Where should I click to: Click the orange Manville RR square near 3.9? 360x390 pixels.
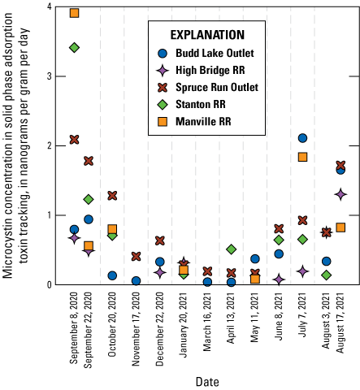(74, 13)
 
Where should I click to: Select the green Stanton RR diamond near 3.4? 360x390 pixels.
(74, 48)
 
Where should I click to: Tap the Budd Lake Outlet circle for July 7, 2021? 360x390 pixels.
(302, 138)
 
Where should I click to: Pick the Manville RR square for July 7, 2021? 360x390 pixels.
(302, 157)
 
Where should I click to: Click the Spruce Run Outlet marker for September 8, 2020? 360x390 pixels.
(74, 140)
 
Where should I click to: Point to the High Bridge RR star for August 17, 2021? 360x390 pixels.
(340, 194)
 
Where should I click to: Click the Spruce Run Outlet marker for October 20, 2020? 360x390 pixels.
(112, 196)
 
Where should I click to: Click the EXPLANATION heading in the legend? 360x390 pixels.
(206, 36)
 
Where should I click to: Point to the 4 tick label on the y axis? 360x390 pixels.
(50, 7)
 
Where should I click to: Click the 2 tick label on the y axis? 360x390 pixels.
(50, 146)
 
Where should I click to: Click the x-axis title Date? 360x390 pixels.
(206, 380)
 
